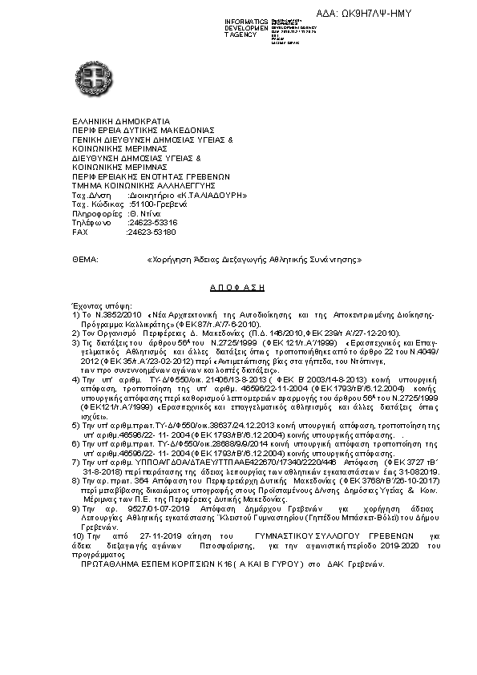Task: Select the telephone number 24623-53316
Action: click(x=152, y=222)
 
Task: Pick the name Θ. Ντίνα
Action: click(x=144, y=213)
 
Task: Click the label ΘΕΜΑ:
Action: click(x=84, y=261)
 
